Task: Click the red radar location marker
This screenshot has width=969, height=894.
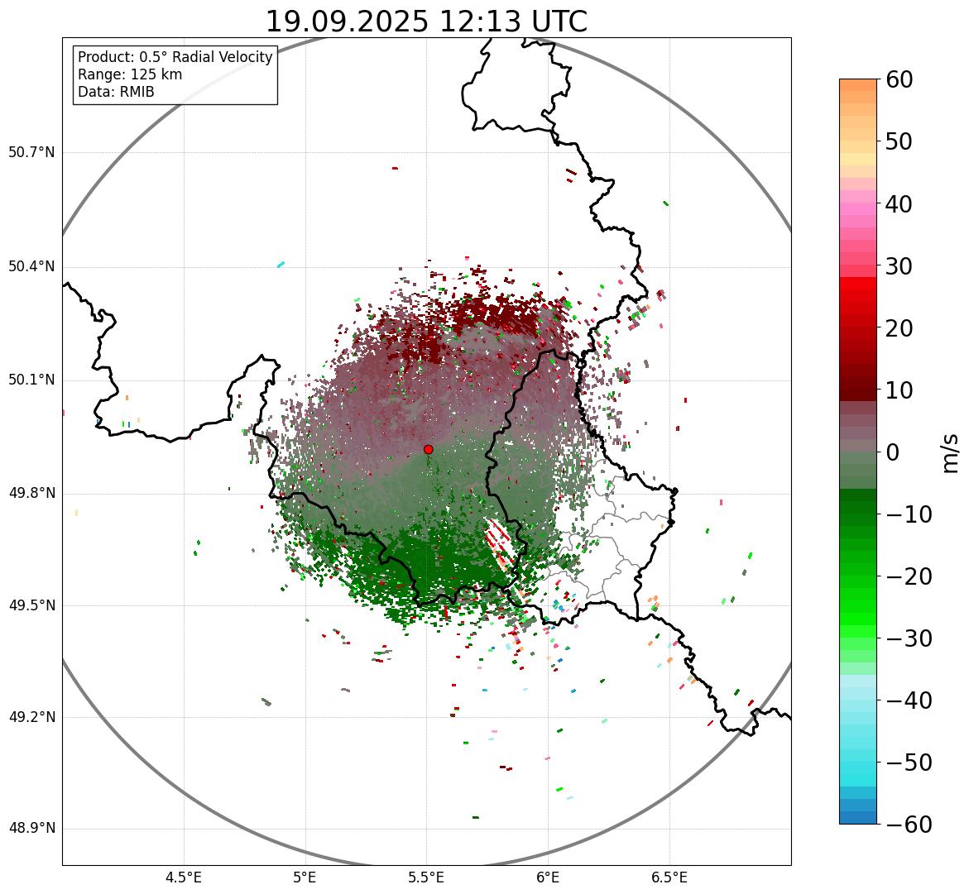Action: coord(428,449)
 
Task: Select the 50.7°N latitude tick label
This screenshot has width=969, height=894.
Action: coord(31,152)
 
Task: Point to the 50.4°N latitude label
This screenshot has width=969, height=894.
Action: coord(31,266)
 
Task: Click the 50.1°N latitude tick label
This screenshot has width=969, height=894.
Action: coord(31,380)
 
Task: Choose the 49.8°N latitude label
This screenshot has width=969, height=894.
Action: coord(31,494)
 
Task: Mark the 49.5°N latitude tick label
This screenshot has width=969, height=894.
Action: coord(31,605)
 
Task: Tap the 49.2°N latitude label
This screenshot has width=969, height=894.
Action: coord(31,717)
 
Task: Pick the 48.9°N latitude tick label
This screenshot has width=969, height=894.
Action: coord(31,829)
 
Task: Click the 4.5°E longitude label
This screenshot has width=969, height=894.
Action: coord(184,877)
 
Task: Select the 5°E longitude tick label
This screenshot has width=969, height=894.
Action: coord(305,877)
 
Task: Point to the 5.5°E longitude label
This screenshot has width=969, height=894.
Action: coord(426,877)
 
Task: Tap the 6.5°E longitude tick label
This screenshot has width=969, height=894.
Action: coord(669,877)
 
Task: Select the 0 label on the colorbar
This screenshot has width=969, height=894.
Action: coord(893,452)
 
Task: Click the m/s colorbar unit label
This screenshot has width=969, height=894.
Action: coord(950,452)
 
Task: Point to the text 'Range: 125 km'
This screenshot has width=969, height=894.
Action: coord(130,74)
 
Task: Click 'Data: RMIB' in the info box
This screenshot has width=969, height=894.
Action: coord(116,92)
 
